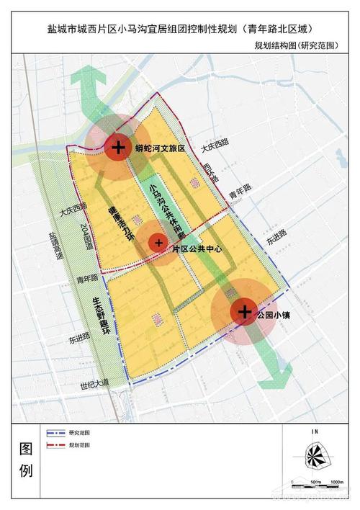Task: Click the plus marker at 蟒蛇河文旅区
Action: [117, 147]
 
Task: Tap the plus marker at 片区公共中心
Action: [158, 243]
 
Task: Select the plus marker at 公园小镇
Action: [244, 311]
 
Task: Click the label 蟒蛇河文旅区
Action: [160, 148]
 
